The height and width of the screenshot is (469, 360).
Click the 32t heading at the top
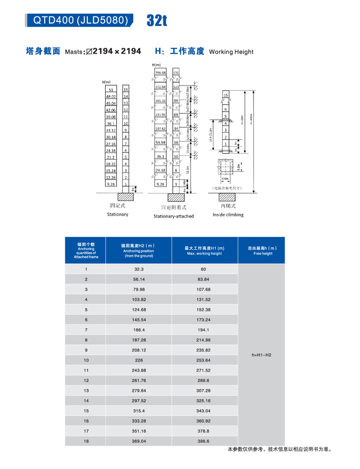point(157,20)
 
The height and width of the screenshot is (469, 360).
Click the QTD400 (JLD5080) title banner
point(80,20)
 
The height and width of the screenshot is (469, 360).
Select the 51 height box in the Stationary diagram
point(111,90)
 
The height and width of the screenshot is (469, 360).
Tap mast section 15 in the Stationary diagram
point(126,90)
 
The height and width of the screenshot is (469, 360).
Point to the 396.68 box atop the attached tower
point(160,73)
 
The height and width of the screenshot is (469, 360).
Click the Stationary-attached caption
point(174,216)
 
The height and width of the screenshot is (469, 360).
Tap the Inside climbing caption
point(228,215)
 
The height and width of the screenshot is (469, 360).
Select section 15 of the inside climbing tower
point(226,95)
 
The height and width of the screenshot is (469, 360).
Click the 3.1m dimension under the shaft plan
point(225,179)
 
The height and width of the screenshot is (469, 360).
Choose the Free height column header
point(263,250)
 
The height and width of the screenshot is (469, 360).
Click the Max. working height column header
point(204,250)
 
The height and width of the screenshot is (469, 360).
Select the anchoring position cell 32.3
point(139,270)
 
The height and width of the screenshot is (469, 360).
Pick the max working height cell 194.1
point(204,330)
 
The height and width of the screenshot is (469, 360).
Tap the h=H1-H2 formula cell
point(262,355)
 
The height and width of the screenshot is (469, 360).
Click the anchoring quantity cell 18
point(86,441)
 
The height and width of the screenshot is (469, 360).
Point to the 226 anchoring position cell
point(139,360)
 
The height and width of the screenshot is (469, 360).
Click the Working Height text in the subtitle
point(231,52)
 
